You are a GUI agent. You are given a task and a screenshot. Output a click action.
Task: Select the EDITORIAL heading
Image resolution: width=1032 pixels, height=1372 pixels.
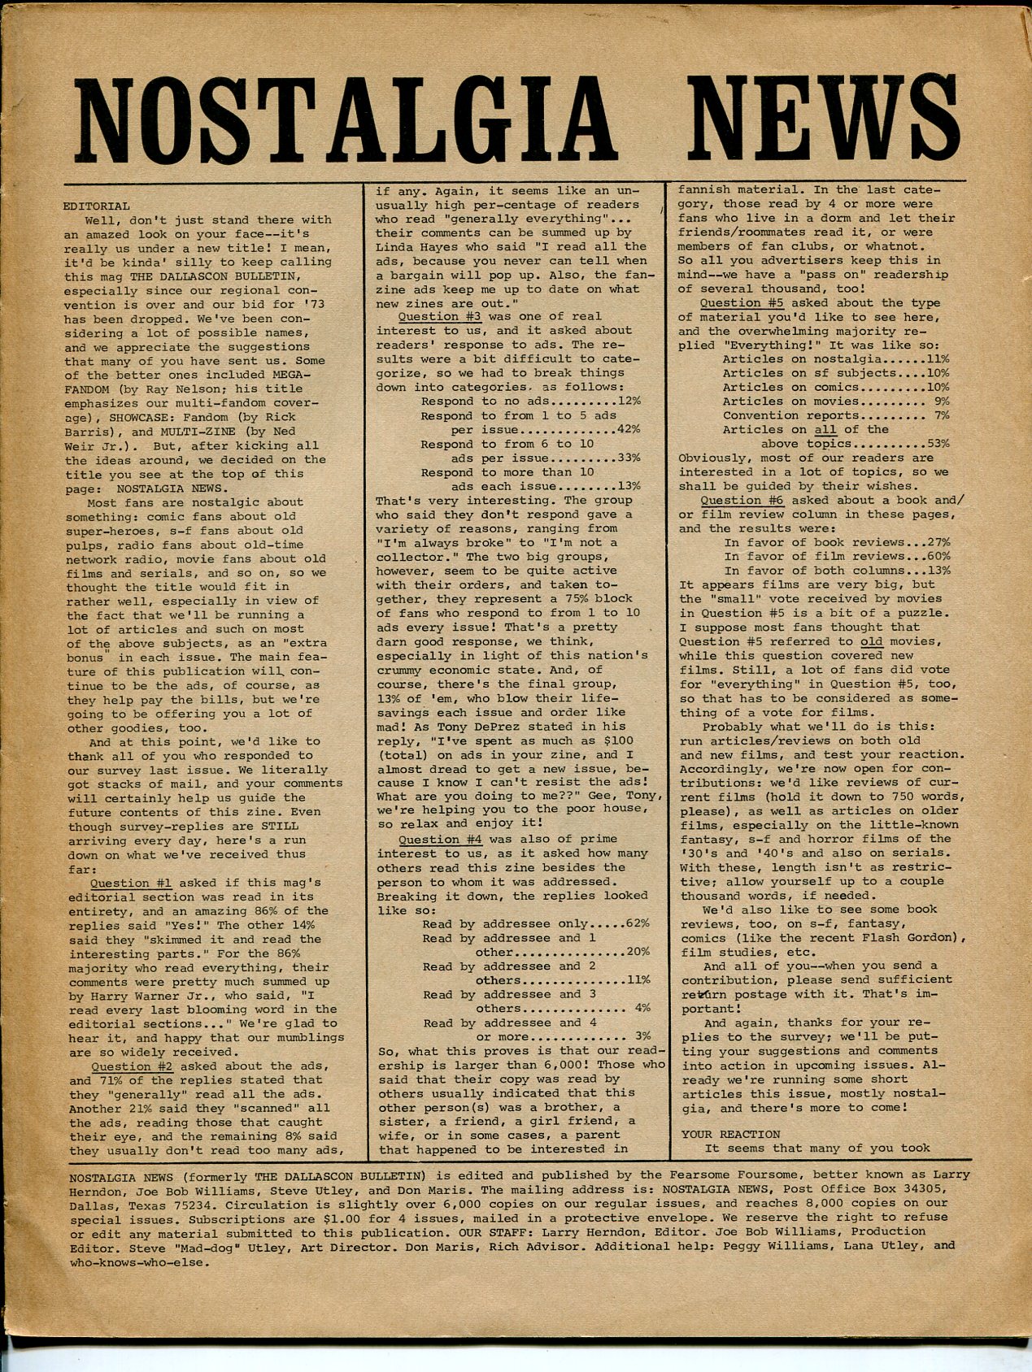pos(97,206)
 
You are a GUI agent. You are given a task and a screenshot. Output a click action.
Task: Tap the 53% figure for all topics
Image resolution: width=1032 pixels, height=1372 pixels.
pos(938,444)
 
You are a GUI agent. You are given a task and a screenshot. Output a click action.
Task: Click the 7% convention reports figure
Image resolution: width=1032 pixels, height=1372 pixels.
pos(943,415)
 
